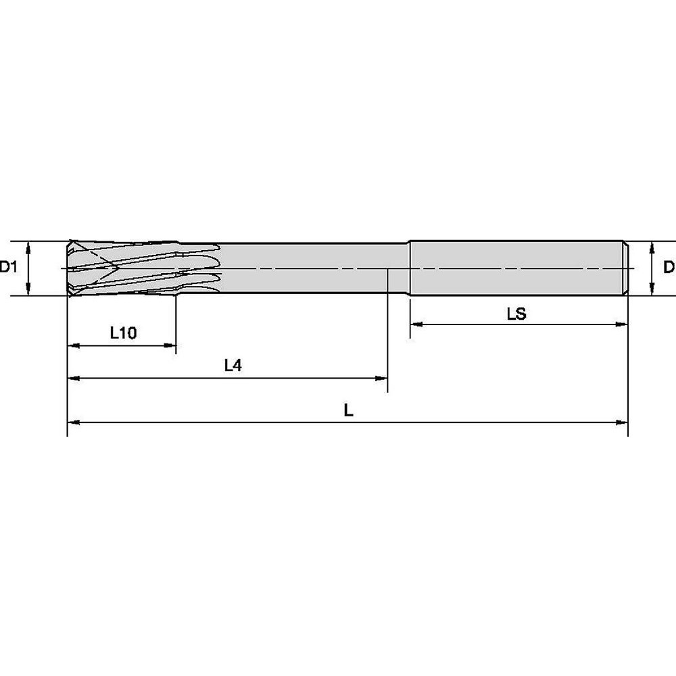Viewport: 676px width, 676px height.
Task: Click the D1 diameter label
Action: [x=8, y=267]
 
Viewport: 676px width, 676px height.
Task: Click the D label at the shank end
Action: [x=669, y=267]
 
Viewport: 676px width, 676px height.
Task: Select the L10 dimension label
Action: [x=123, y=333]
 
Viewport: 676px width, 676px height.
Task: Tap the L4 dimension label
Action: [x=233, y=366]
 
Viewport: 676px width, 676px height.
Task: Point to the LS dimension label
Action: [x=516, y=314]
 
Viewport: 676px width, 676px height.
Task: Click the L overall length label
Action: [x=348, y=410]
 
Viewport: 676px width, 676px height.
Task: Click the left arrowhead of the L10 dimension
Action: [x=74, y=345]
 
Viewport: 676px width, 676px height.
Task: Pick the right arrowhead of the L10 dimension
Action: [x=170, y=345]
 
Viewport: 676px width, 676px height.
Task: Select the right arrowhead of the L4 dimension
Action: [x=381, y=379]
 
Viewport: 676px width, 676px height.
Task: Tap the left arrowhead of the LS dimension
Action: [x=416, y=324]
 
